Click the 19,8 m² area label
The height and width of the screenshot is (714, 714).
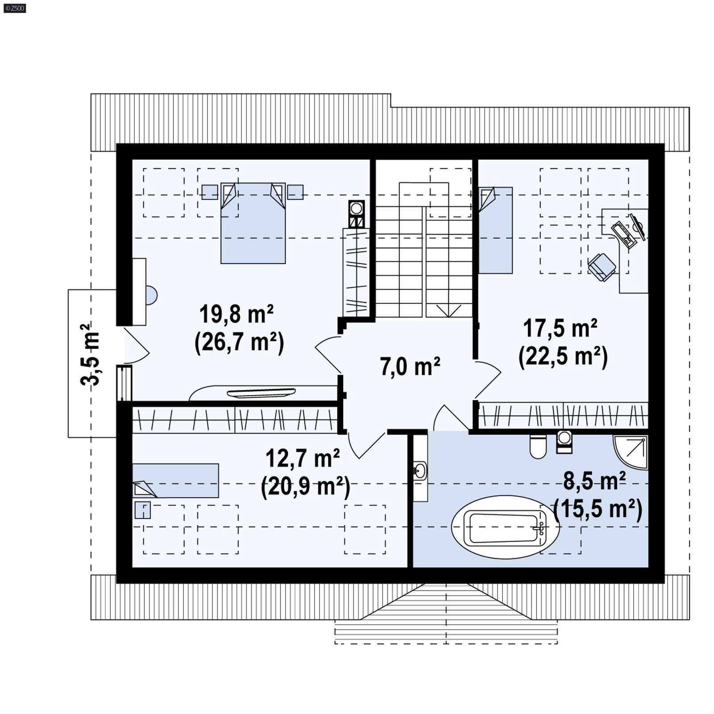236,314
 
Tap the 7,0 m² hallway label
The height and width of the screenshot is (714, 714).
410,367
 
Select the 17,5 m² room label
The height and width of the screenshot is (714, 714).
560,329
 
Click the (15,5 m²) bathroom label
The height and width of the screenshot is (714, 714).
598,508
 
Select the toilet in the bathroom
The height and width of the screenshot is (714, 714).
538,446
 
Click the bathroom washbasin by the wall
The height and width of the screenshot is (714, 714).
419,470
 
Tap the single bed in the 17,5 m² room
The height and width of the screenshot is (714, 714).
495,230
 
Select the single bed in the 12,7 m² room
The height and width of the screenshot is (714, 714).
175,481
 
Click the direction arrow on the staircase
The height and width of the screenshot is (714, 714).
448,310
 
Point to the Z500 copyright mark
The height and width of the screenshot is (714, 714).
14,8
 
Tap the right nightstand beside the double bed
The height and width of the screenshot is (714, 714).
295,192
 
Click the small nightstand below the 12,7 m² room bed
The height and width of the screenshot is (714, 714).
142,510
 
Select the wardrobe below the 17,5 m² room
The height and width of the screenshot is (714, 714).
563,415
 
